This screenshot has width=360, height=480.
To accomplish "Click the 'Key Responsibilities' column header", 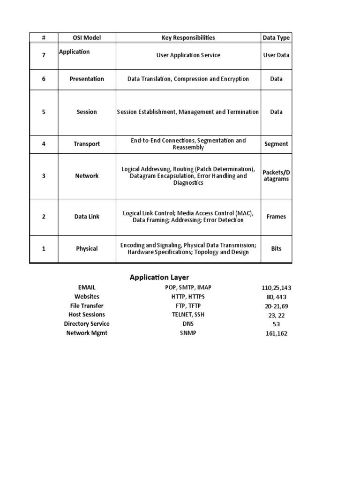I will [188, 37].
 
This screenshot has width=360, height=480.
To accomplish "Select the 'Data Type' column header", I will [276, 37].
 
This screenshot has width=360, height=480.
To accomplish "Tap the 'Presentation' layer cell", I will [87, 79].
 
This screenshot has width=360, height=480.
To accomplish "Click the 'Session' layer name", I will [87, 112].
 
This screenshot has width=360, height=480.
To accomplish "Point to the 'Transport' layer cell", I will [87, 144].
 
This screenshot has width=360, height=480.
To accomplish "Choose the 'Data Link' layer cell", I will [87, 217].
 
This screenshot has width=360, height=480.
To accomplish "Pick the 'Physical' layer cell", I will [87, 248].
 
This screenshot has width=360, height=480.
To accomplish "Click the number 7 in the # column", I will [44, 55].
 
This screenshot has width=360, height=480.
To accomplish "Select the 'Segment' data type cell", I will [276, 144].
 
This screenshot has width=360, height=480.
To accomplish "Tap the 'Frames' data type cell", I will [276, 217].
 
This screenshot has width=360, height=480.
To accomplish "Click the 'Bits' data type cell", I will [276, 248].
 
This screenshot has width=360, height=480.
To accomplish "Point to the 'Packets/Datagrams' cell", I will [276, 176].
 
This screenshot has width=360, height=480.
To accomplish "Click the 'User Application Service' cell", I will [188, 55].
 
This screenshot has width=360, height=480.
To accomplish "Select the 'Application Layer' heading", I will [159, 277].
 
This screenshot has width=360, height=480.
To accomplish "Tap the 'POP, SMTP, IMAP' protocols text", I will [181, 287].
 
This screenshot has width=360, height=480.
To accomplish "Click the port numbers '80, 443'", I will [276, 297].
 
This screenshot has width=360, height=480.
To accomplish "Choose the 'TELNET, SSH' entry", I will [181, 315].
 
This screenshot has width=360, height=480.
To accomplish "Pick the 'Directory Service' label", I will [87, 324].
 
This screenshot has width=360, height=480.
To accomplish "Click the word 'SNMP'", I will [181, 333].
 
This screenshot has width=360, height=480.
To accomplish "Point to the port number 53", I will [276, 324].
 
